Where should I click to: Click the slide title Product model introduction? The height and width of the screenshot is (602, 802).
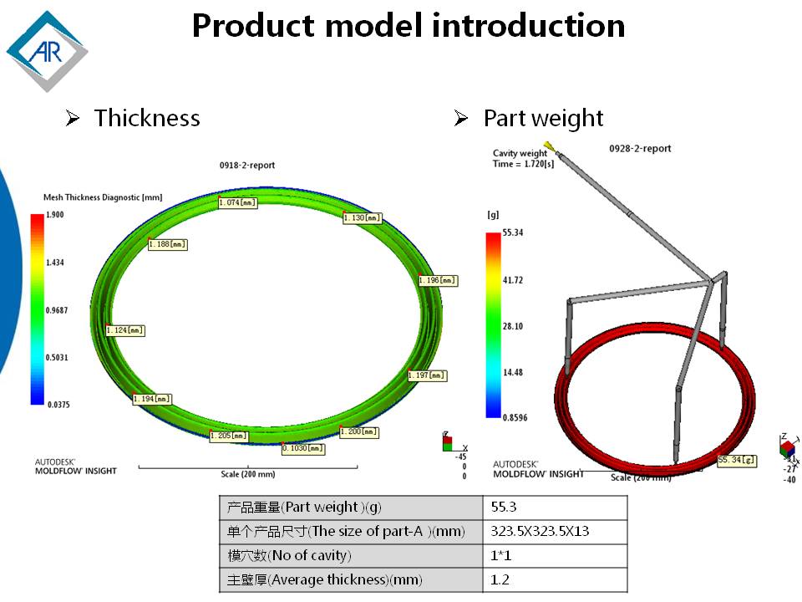click(409, 26)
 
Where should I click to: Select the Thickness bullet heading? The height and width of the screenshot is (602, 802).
click(146, 118)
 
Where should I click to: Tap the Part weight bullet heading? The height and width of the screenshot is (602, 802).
click(543, 118)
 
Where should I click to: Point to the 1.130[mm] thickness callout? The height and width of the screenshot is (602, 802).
click(363, 218)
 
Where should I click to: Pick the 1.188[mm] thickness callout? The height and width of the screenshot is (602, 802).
click(167, 244)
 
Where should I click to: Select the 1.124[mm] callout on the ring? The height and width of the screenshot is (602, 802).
click(125, 330)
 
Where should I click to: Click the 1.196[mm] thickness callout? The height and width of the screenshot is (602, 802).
click(438, 280)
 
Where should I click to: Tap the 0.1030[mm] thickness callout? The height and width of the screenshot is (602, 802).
click(303, 448)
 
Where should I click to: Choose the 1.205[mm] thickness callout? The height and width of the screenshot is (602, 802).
click(229, 436)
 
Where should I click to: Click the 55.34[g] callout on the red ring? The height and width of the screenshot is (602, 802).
click(737, 460)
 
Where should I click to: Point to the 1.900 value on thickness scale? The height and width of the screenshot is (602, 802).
click(54, 215)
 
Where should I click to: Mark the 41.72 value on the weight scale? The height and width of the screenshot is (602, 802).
click(512, 280)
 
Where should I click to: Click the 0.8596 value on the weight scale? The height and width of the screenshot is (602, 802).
click(515, 417)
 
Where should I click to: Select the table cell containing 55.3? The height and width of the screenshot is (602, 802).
click(555, 508)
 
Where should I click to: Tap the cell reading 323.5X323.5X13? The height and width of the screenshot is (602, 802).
click(555, 532)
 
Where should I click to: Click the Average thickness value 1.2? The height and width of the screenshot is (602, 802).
click(555, 580)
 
